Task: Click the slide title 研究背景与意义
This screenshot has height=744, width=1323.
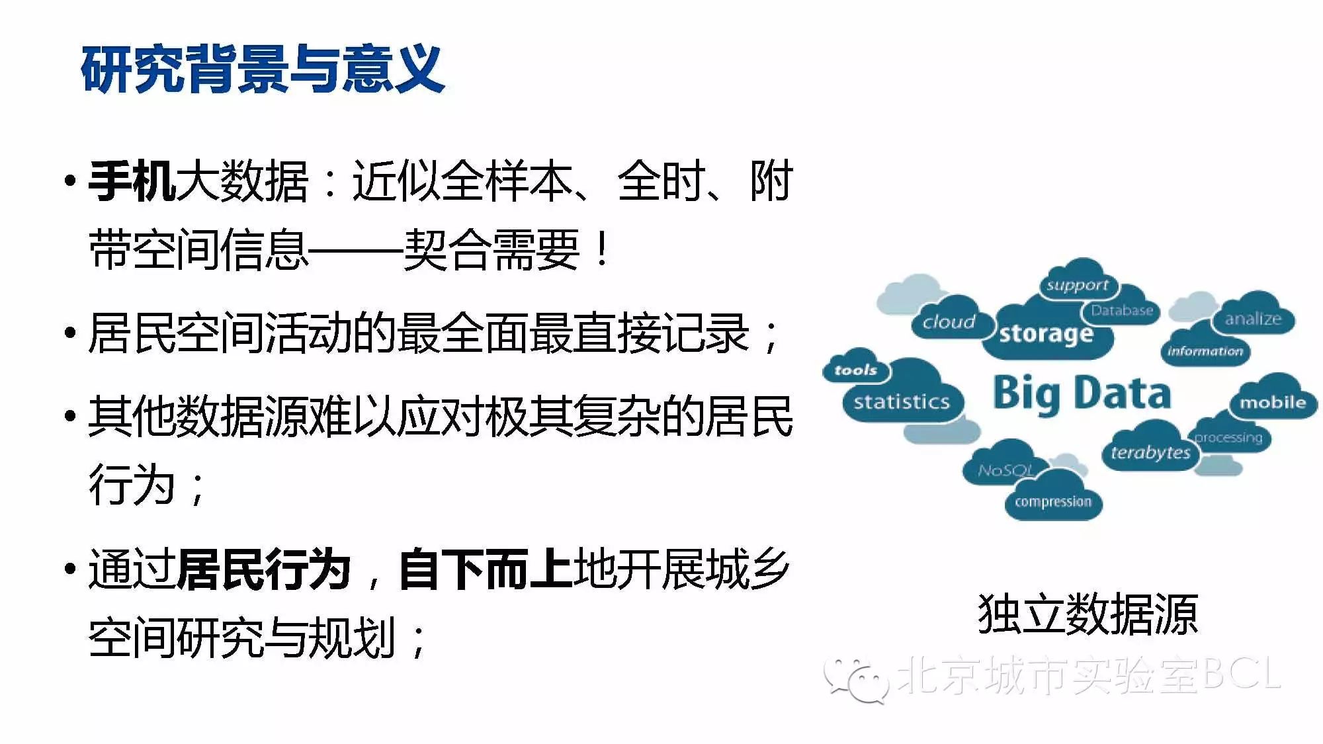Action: pyautogui.click(x=263, y=69)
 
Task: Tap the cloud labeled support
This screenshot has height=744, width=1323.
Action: pyautogui.click(x=1078, y=281)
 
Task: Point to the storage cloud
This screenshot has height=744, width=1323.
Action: pyautogui.click(x=1048, y=331)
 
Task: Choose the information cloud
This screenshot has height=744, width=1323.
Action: pyautogui.click(x=1205, y=348)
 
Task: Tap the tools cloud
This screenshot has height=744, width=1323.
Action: pyautogui.click(x=856, y=367)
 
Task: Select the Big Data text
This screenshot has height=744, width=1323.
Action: pyautogui.click(x=1082, y=393)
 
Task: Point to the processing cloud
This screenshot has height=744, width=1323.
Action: pyautogui.click(x=1229, y=435)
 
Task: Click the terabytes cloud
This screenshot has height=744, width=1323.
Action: pyautogui.click(x=1151, y=450)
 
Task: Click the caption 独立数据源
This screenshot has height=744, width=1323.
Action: pyautogui.click(x=1088, y=614)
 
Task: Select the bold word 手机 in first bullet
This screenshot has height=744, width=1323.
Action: pyautogui.click(x=132, y=181)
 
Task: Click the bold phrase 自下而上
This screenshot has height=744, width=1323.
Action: pyautogui.click(x=486, y=569)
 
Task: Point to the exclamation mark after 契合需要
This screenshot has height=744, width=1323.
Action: pyautogui.click(x=602, y=249)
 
